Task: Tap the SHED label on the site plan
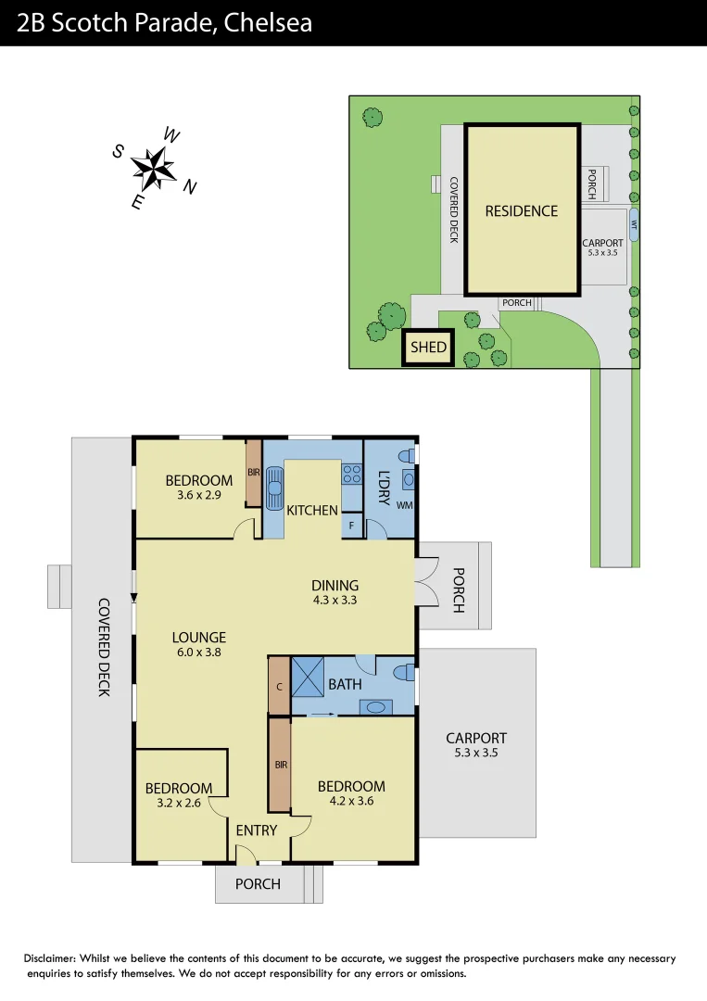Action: coord(429,348)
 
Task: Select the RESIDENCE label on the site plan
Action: coord(522,211)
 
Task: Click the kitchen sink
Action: coord(274,488)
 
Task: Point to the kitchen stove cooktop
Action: coord(352,475)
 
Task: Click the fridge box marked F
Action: coord(351,526)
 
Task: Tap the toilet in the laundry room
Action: coord(405,456)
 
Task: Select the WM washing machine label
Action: coord(404,505)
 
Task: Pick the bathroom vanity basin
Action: coord(375,707)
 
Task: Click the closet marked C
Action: coord(279,686)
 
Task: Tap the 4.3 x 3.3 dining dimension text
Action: coord(335,600)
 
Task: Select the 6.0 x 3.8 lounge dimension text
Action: coord(198,652)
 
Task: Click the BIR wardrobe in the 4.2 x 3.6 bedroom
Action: coord(280,766)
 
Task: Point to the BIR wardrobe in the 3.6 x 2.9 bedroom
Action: coord(253,473)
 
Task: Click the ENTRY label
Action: coord(257,830)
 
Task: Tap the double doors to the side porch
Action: coord(427,582)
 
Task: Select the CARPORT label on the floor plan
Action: coord(476,738)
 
